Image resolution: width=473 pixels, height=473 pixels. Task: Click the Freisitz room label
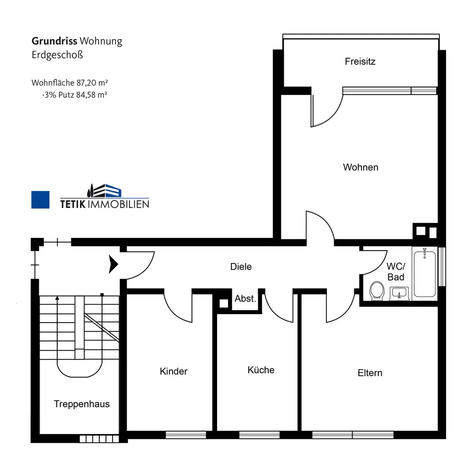click(360, 61)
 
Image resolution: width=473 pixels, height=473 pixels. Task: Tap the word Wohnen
click(360, 167)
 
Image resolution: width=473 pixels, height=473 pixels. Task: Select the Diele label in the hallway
click(241, 267)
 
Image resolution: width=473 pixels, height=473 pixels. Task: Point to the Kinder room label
click(174, 371)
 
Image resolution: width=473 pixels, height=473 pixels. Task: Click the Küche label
click(261, 370)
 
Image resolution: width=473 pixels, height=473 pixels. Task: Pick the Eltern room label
click(369, 373)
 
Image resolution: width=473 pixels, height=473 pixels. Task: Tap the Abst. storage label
click(245, 299)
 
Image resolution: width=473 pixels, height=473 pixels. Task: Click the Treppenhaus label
click(82, 404)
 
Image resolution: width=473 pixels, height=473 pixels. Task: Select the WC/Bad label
click(395, 272)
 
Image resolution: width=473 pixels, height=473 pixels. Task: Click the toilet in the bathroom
click(377, 290)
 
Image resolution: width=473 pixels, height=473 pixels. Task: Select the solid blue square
click(40, 200)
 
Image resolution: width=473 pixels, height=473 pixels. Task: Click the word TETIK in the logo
click(75, 204)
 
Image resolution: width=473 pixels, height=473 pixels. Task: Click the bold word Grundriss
click(54, 41)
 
